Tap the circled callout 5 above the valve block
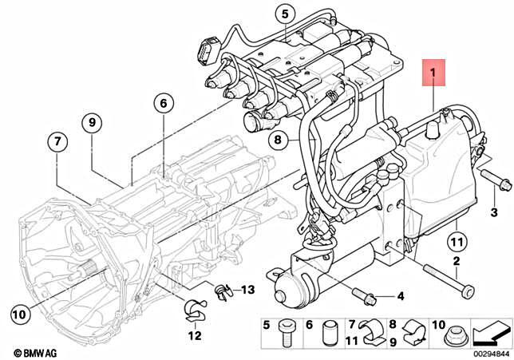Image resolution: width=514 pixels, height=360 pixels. [285, 14]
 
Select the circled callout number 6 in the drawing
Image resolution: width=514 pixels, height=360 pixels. [162, 104]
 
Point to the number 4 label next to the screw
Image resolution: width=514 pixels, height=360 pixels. [401, 297]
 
